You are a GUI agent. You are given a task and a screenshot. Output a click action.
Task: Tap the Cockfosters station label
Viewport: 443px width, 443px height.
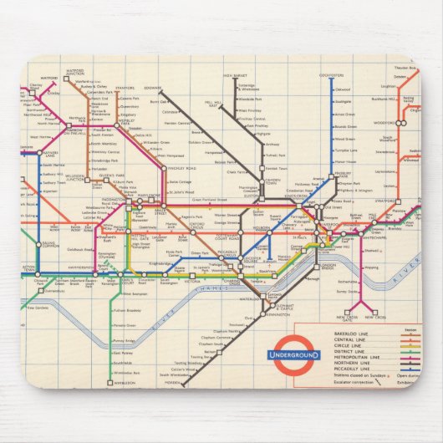[333, 76]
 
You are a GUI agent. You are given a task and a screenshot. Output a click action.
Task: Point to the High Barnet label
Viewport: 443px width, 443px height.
[232, 77]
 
